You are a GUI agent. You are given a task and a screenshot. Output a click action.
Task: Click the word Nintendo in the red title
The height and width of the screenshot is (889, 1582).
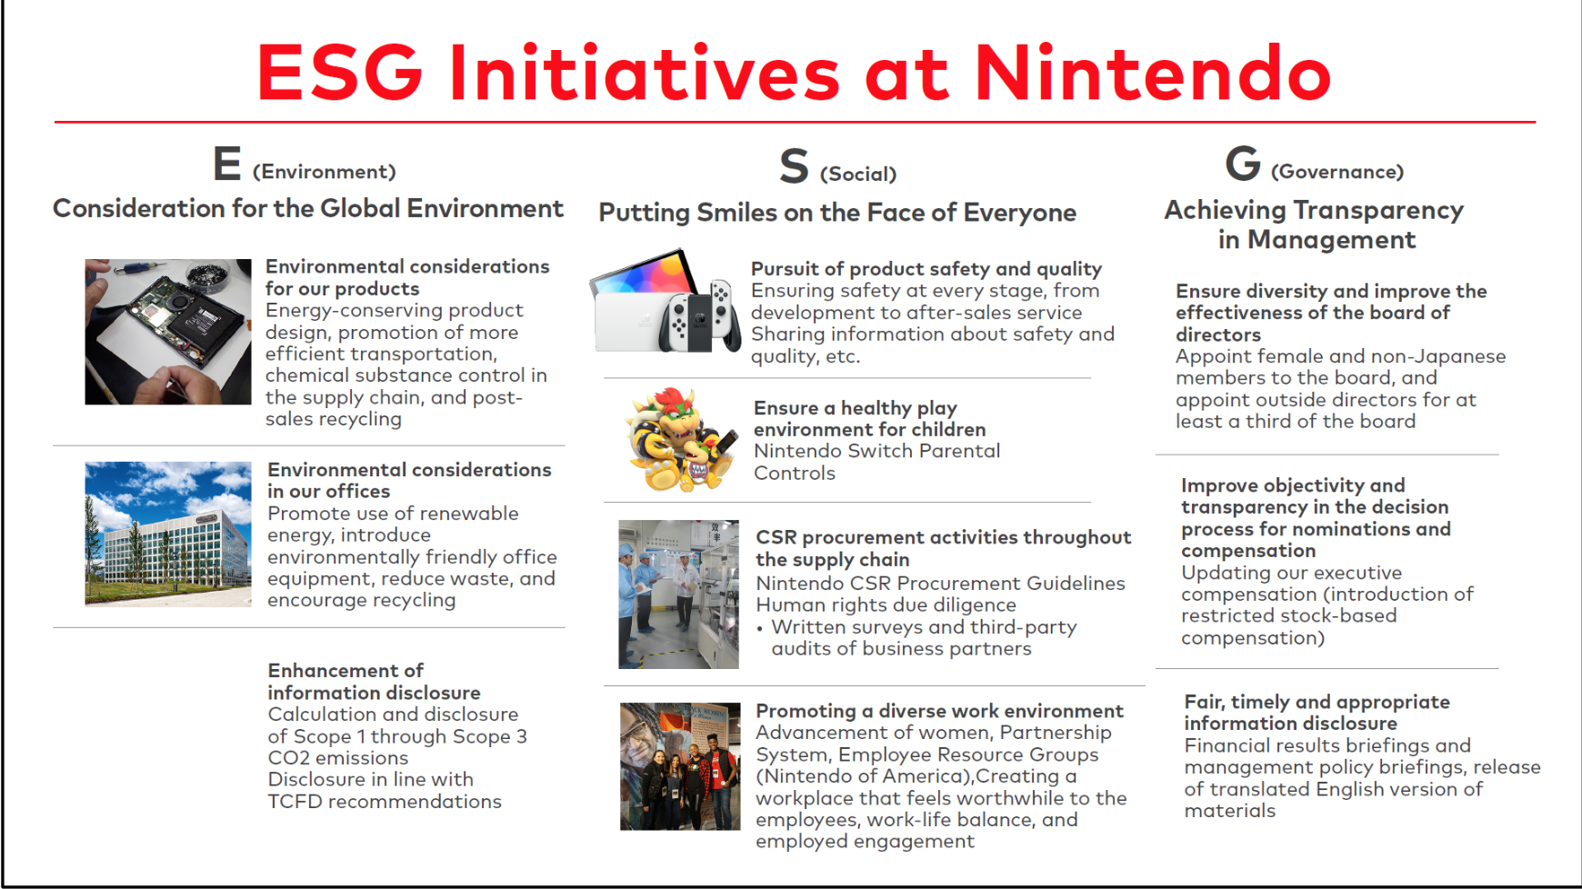pyautogui.click(x=1153, y=72)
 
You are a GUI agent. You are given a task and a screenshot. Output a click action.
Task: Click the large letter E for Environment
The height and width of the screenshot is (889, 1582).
pyautogui.click(x=227, y=164)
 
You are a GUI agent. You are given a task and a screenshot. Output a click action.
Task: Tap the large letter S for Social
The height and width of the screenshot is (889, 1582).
pyautogui.click(x=794, y=165)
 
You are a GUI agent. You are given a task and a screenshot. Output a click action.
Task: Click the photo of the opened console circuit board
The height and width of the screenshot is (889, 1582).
pyautogui.click(x=168, y=332)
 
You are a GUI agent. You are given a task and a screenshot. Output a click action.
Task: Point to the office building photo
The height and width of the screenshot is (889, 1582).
pyautogui.click(x=168, y=534)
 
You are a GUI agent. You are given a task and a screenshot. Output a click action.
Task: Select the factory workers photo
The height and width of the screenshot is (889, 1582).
pyautogui.click(x=679, y=594)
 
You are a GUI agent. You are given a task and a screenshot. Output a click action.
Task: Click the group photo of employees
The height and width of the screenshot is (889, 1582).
pyautogui.click(x=680, y=766)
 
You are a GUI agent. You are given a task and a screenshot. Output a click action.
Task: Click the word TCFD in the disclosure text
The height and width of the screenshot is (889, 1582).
pyautogui.click(x=295, y=802)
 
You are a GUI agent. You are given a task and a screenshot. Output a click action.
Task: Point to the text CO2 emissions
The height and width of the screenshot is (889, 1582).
pyautogui.click(x=338, y=758)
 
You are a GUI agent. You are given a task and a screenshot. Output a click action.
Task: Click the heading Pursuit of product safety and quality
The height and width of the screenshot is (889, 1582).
pyautogui.click(x=926, y=269)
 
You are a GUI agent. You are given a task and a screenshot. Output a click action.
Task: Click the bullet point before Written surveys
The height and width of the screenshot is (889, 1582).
pyautogui.click(x=760, y=629)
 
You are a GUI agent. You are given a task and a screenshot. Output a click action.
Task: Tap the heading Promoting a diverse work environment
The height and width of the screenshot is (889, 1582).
pyautogui.click(x=939, y=711)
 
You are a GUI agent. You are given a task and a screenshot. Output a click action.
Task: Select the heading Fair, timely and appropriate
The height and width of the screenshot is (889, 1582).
pyautogui.click(x=1317, y=702)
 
